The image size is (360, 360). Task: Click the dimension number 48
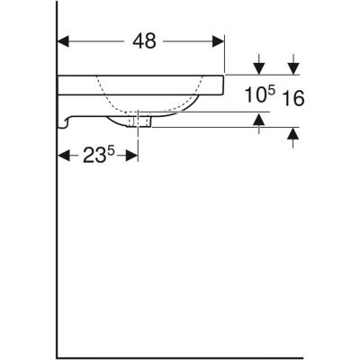144,41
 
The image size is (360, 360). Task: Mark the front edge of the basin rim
225,85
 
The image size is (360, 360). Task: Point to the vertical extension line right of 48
224,54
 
